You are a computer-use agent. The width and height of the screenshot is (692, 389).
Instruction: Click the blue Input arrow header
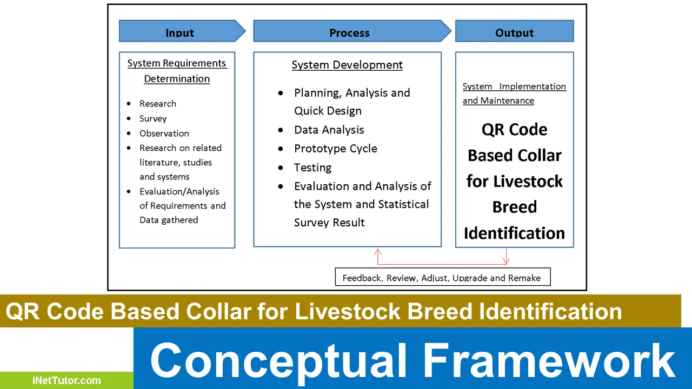coord(180,31)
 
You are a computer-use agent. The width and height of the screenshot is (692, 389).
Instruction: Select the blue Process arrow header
coord(350,31)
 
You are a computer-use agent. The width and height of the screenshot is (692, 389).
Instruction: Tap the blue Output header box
coord(514,31)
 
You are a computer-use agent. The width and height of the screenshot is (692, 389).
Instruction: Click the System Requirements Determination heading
coord(177,71)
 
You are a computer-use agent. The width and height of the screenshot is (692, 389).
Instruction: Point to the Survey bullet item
coord(153,118)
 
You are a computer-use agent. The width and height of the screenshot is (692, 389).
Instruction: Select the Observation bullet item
coord(164,133)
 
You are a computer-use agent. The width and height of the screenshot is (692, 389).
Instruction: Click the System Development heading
coord(347,65)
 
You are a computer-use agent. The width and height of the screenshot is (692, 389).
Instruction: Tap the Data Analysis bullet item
coord(329,130)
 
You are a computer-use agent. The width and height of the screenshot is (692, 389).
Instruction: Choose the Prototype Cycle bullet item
coord(335,149)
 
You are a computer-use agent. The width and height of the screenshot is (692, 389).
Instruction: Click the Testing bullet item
coord(312,167)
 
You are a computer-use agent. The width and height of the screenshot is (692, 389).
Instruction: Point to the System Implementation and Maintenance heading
coord(514,93)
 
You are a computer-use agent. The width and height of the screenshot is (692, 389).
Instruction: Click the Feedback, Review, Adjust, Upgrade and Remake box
coord(442,278)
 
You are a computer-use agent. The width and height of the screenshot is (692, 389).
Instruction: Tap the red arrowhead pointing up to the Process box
coord(378,251)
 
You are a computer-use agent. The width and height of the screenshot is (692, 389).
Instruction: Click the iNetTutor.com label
coord(66,380)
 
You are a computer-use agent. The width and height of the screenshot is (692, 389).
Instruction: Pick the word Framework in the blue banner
coord(548,361)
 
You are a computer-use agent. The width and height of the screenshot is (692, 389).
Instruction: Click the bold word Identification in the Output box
coord(514,233)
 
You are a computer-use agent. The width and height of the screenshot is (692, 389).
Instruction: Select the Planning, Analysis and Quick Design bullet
coord(351,102)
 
